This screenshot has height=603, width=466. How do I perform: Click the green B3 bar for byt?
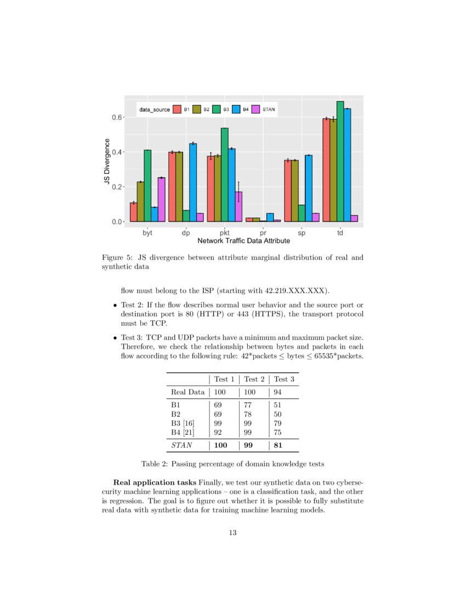coord(147,186)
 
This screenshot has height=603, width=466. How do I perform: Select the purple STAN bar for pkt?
coord(238,207)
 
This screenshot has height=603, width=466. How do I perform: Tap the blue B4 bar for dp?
coord(193,183)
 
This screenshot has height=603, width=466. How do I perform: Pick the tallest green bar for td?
coord(340,162)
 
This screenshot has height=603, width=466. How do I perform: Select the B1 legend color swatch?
coord(177,110)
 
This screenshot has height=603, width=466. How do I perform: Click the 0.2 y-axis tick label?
coord(118,187)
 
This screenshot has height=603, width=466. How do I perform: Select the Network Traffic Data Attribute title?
coord(244,241)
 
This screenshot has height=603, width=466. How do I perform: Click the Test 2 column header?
coord(254,379)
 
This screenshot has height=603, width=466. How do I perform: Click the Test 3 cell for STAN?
coord(278,446)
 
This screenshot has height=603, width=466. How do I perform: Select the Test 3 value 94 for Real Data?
coord(278,392)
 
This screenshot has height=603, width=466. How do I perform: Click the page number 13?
coord(232,532)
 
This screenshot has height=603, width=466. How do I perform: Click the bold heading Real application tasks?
coord(155,482)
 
